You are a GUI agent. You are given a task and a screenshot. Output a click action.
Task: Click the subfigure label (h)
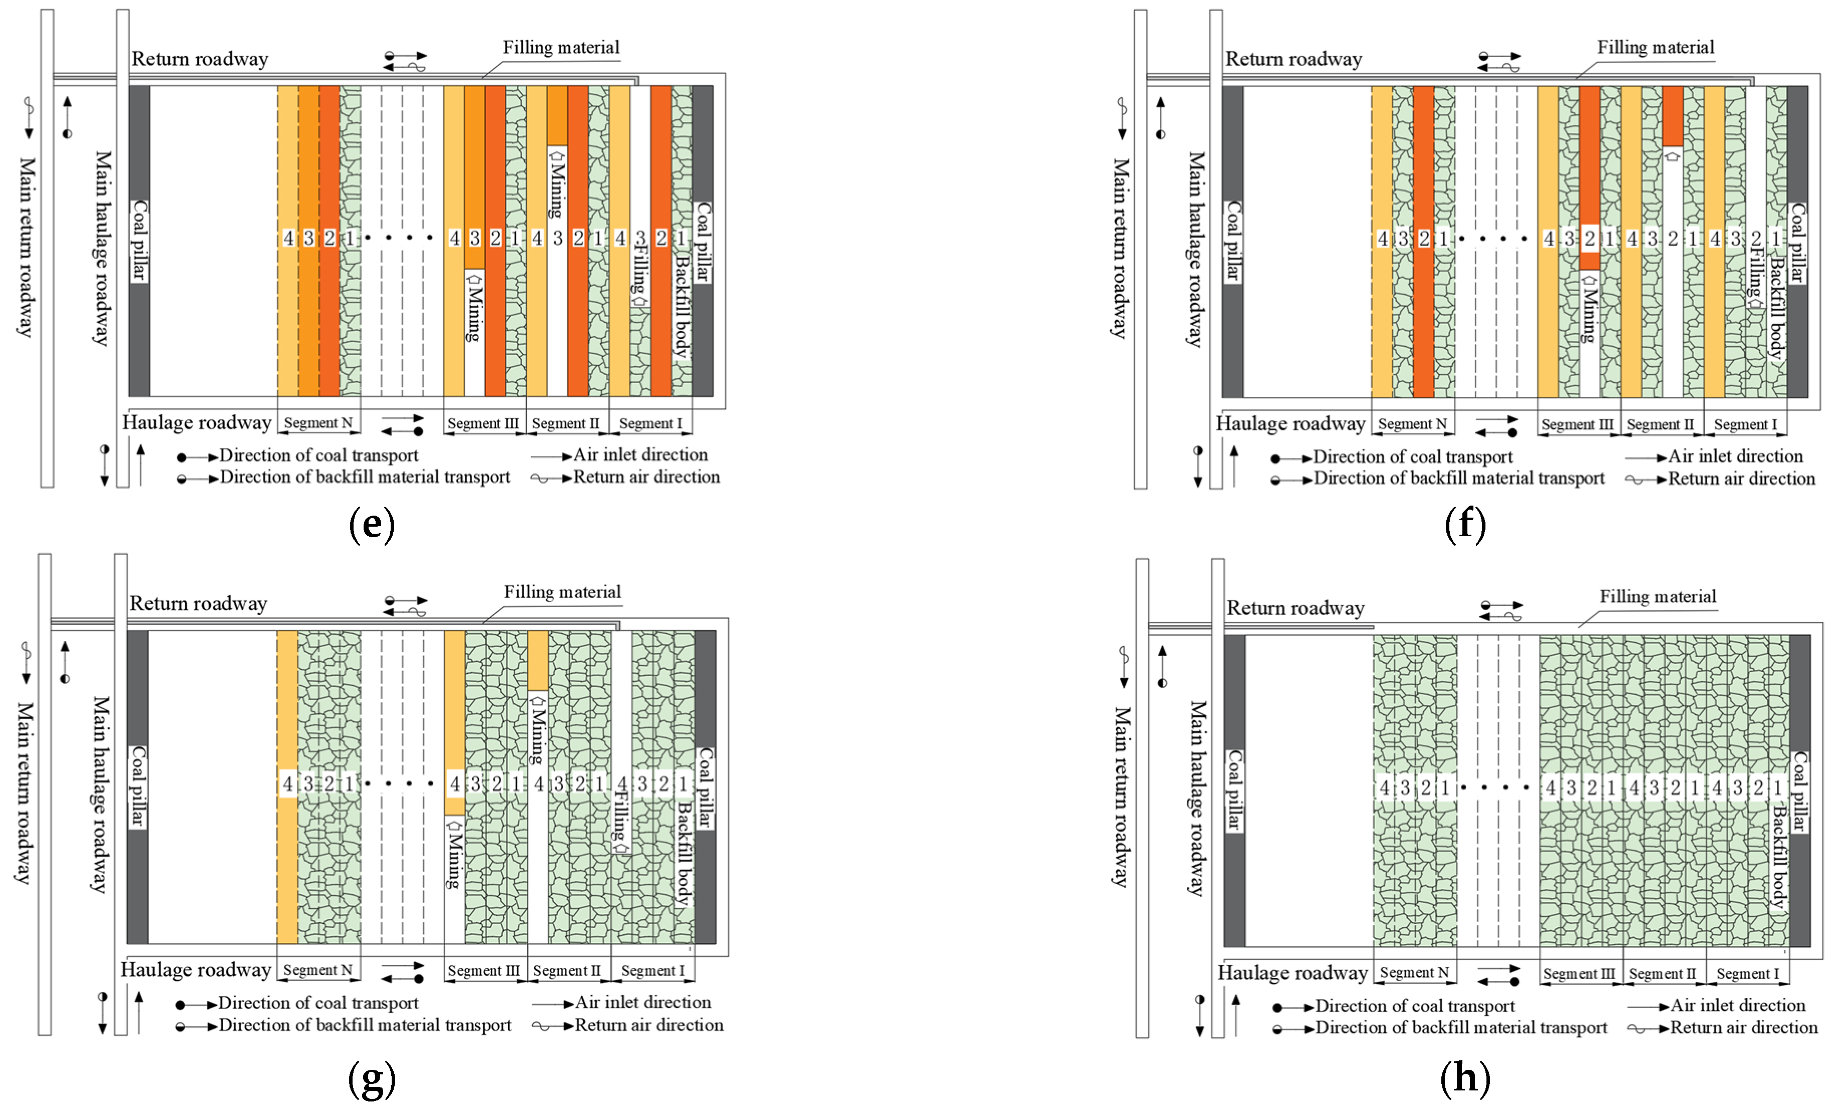[1465, 1077]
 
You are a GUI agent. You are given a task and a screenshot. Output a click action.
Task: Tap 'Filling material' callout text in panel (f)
[1655, 48]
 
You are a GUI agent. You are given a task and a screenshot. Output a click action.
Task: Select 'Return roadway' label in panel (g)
[198, 603]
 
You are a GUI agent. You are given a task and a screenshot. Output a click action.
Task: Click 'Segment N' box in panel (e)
[318, 423]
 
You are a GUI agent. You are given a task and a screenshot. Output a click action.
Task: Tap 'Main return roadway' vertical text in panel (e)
[26, 246]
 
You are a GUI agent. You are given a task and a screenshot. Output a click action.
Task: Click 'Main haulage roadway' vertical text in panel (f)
[1195, 249]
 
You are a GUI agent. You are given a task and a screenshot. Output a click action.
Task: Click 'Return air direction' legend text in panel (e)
[645, 478]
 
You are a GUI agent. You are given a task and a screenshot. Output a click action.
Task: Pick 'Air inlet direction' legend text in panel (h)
[1737, 1005]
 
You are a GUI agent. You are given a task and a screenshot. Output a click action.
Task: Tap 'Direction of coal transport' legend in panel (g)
[318, 1003]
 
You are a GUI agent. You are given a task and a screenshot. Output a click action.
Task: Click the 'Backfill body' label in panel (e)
[682, 306]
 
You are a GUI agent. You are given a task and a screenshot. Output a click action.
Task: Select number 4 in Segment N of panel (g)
[287, 783]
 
